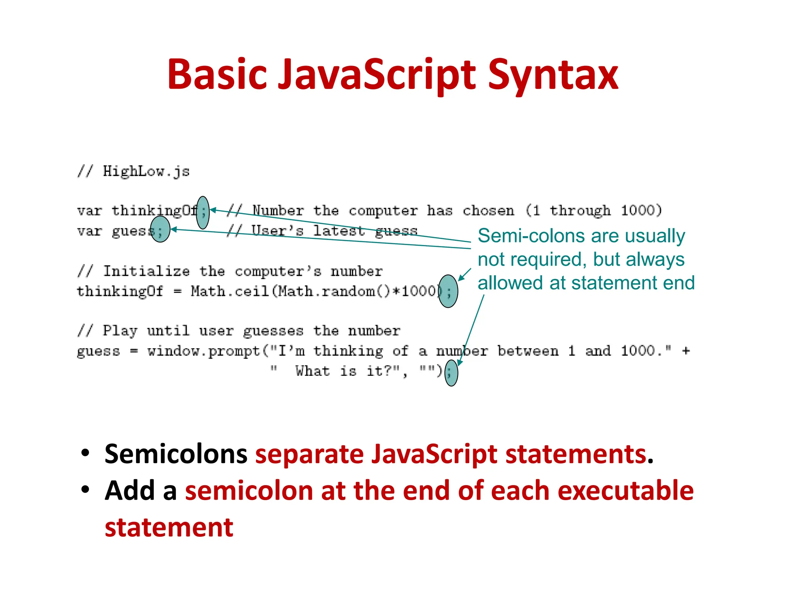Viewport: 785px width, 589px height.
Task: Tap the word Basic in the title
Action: click(x=217, y=75)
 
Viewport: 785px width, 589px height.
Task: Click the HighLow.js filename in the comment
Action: click(x=146, y=171)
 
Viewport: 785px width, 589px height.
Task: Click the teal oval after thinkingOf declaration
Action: click(x=203, y=212)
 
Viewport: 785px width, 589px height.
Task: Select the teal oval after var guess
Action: click(x=160, y=229)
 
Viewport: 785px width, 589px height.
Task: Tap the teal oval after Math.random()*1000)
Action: click(x=448, y=291)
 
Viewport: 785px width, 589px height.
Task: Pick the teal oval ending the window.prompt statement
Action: click(x=451, y=373)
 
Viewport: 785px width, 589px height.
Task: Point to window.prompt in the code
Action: click(x=204, y=351)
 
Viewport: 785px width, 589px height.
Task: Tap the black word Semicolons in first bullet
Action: click(x=176, y=454)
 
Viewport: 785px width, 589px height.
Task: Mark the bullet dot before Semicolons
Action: click(x=85, y=453)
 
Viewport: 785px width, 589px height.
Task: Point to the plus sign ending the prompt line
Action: click(x=686, y=350)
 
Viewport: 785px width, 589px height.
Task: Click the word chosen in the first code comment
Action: click(x=488, y=211)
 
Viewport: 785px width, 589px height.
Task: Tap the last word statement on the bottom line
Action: click(x=169, y=528)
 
